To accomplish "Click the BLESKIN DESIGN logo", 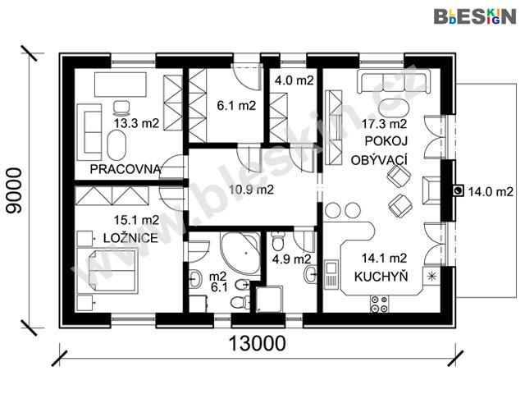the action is [x=475, y=16].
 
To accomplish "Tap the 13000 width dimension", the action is [x=257, y=343].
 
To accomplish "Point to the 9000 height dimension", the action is [x=14, y=190].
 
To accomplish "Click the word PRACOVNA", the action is [x=126, y=169].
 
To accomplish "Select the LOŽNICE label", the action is [x=130, y=238].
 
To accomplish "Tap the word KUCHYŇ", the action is [x=381, y=277].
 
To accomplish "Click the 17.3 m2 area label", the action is [x=384, y=124].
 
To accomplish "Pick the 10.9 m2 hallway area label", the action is [x=251, y=190].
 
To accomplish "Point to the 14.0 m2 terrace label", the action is [x=491, y=192].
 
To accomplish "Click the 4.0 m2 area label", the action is [x=294, y=80].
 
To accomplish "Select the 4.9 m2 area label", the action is [x=292, y=259].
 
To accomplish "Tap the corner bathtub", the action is [x=241, y=253].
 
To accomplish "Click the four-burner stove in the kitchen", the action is [x=379, y=304].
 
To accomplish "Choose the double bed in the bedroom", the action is [x=107, y=271].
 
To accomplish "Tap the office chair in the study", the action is [x=121, y=107].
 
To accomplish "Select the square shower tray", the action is [x=269, y=299].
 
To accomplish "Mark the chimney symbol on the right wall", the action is [x=458, y=191].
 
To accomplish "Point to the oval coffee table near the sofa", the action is [x=394, y=108].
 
